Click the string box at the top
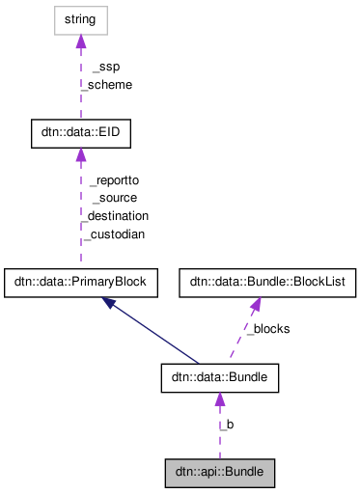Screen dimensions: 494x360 coord(80,18)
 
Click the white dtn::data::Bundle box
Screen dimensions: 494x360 coord(219,377)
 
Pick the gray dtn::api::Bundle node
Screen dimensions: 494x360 coord(219,473)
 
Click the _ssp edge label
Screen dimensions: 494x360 coord(105,67)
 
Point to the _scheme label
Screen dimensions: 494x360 coord(106,84)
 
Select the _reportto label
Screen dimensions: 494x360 coord(113,180)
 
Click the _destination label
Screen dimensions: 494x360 coord(115,215)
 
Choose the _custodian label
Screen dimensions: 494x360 coord(115,233)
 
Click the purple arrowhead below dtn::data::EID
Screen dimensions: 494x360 coord(80,160)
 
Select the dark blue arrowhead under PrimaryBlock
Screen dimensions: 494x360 coord(110,303)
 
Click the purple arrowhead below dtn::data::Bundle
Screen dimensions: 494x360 coord(219,399)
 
